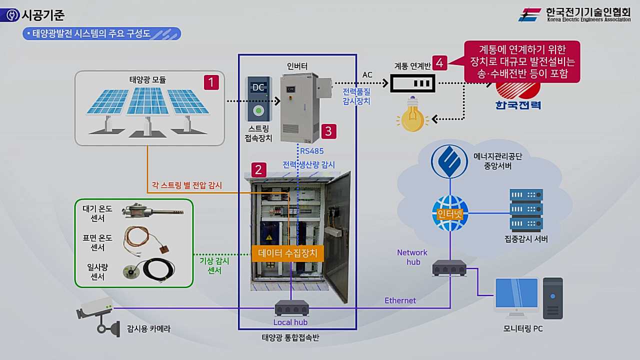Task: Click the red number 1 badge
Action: pos(211,82)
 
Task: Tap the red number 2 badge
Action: pos(258,169)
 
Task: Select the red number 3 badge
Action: pos(328,131)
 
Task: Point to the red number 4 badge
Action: pos(439,62)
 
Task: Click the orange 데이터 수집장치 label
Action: pos(287,253)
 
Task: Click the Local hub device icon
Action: pos(291,307)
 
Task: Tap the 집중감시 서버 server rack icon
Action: pos(525,209)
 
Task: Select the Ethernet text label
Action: pos(400,300)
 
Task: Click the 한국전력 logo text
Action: pos(518,105)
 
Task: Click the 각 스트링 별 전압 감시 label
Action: pos(186,185)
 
